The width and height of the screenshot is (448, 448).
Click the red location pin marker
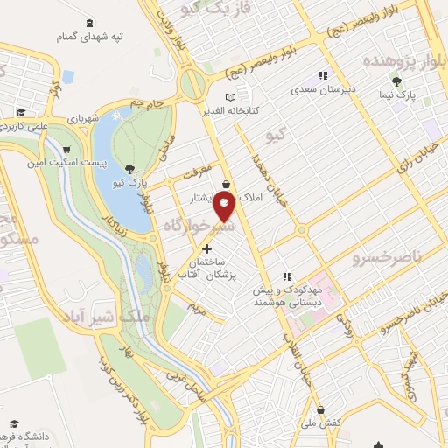[x=225, y=206]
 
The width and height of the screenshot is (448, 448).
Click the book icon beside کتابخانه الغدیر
[x=230, y=97]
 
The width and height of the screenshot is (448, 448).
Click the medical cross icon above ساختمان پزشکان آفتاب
[x=206, y=248]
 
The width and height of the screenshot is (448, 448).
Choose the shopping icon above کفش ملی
[x=321, y=409]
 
